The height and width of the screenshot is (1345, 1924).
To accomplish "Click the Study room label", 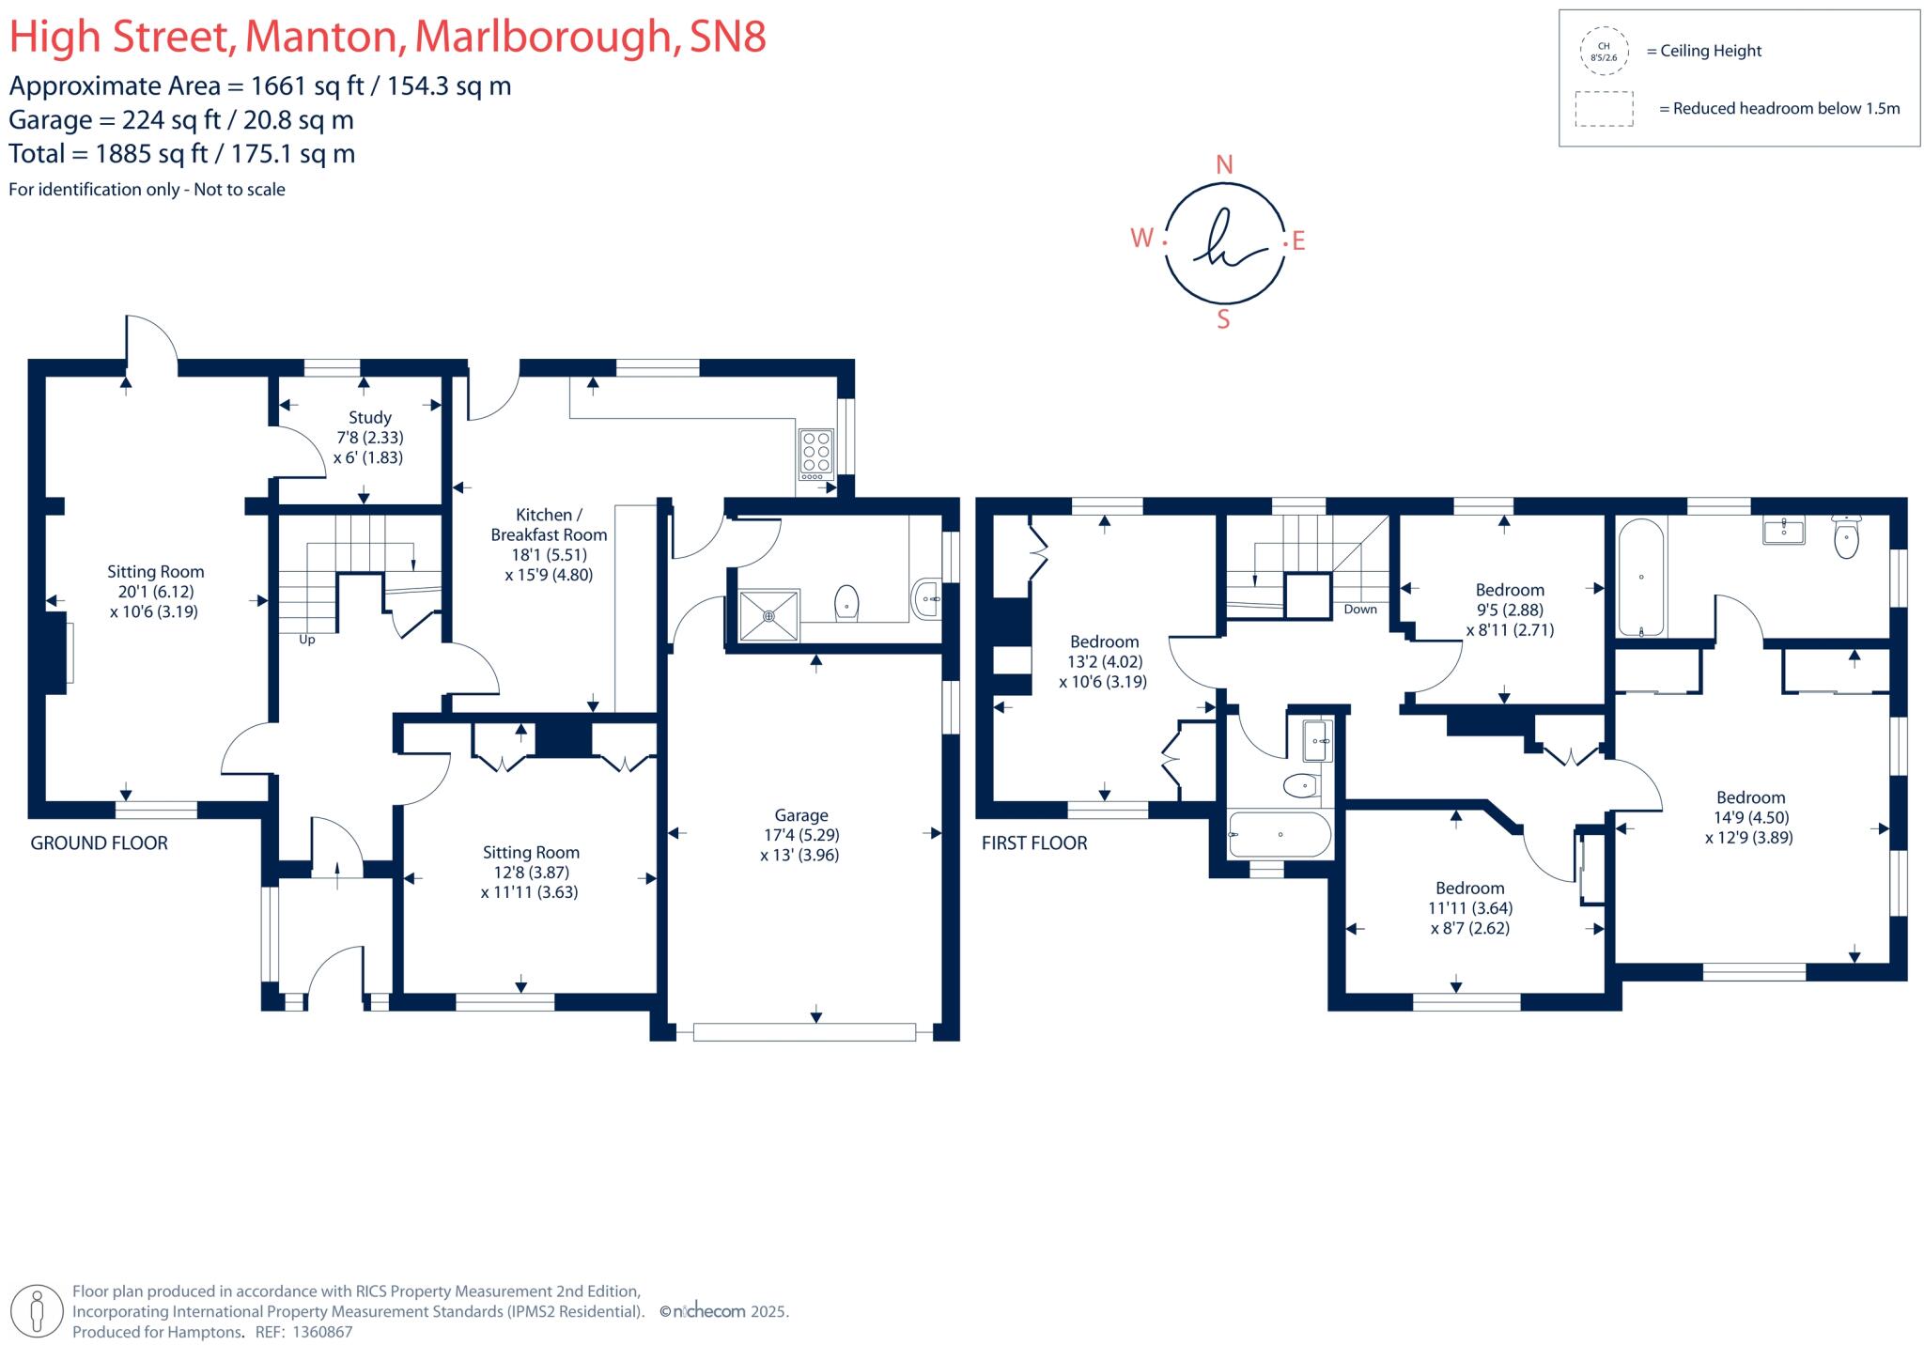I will click(369, 417).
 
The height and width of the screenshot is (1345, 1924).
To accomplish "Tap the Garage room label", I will click(800, 815).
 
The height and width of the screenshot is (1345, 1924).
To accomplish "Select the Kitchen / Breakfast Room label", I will click(549, 525).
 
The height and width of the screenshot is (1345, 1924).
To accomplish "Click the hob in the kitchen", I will click(815, 452).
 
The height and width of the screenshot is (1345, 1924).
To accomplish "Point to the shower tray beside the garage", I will click(768, 615).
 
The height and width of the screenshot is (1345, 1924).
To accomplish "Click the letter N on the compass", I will click(1224, 165).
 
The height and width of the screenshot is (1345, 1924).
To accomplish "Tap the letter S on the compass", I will click(1223, 319).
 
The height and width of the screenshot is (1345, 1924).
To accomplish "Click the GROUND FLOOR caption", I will click(99, 843).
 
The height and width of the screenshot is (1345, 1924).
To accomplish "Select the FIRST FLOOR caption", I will click(1033, 843).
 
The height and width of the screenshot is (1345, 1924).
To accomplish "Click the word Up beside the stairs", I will click(306, 640).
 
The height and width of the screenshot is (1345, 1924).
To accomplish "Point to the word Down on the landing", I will click(1359, 610).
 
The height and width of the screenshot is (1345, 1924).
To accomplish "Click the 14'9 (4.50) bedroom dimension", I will click(1749, 818).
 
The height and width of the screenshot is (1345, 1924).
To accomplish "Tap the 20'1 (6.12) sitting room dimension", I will click(154, 592).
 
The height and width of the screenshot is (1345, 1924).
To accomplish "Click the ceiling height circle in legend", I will click(1603, 52).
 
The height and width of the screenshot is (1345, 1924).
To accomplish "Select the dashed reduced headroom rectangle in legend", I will click(1604, 109).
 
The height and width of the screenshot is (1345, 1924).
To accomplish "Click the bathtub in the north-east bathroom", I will click(1640, 578).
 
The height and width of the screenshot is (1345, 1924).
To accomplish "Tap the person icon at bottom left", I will click(37, 1311).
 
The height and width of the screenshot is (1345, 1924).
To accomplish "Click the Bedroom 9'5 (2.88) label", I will click(1509, 590).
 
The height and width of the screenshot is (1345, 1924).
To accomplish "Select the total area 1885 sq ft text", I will click(182, 154).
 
